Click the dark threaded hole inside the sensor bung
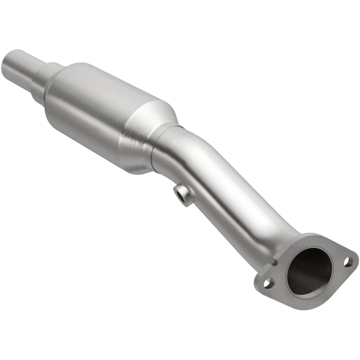(181, 194)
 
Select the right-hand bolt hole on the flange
(348, 261)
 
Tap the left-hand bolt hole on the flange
(268, 282)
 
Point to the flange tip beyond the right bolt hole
(355, 257)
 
